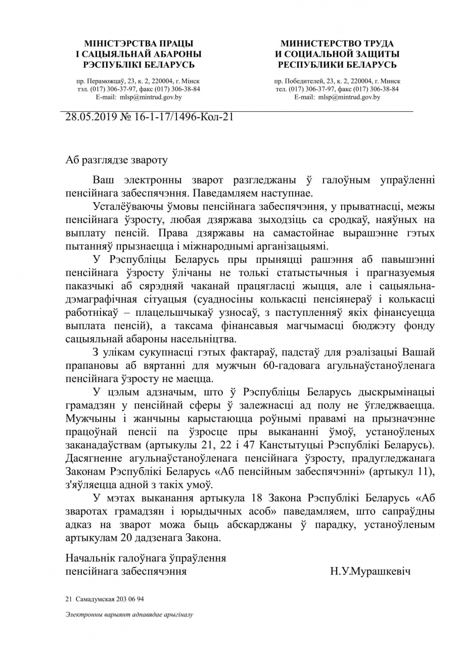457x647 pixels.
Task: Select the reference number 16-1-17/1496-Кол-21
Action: [x=184, y=117]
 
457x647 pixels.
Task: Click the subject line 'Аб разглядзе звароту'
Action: [x=116, y=160]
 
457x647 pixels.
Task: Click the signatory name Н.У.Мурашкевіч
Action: [x=370, y=572]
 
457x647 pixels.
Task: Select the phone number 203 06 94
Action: [x=129, y=599]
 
